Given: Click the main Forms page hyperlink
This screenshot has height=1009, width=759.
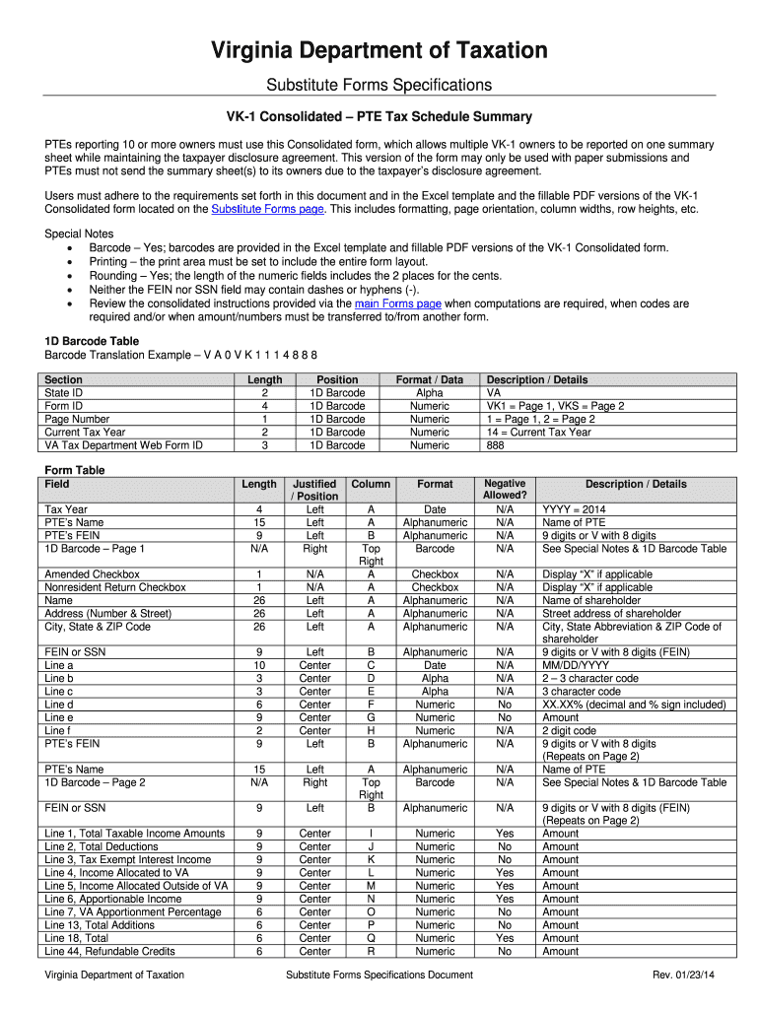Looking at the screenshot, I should [397, 303].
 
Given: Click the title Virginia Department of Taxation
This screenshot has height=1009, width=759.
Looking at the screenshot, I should [379, 50].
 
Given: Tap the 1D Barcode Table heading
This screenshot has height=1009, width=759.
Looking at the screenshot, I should [92, 341].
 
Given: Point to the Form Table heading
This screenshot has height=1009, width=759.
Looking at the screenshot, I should [75, 470].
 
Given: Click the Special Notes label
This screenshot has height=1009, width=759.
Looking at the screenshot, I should [79, 235].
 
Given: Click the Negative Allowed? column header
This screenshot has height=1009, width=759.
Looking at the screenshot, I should [505, 490].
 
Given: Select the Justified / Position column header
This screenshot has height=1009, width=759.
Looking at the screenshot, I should [315, 490].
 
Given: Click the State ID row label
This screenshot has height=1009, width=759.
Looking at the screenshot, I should [64, 392].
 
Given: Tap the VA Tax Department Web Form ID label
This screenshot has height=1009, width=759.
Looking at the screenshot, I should [124, 445].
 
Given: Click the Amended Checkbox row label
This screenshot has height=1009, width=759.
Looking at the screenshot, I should [93, 573].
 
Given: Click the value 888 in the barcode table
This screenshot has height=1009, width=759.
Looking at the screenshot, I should [497, 445].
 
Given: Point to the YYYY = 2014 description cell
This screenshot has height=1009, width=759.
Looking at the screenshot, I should [575, 508].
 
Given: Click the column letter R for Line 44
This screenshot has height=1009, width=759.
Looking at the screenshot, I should [372, 951].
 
